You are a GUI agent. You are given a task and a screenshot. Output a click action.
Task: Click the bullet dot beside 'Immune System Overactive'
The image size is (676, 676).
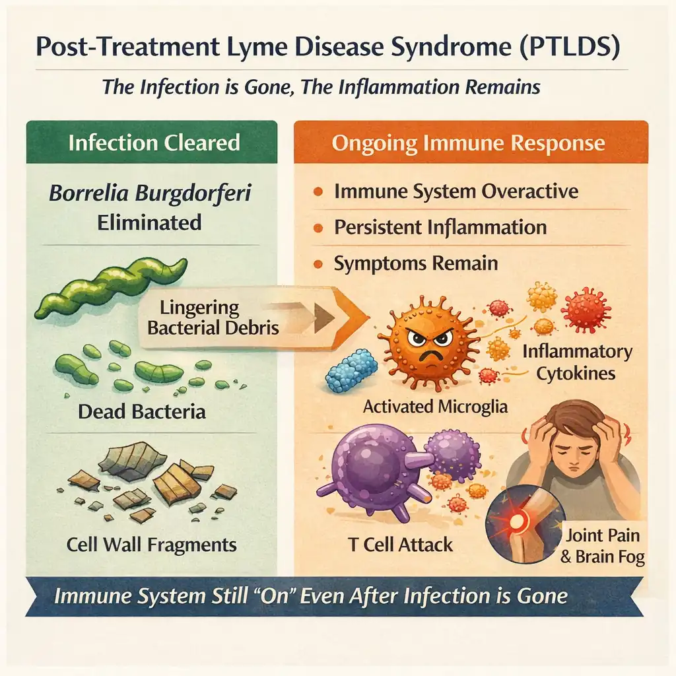(318, 192)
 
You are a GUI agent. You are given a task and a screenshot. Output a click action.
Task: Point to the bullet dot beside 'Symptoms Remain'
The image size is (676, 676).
(318, 264)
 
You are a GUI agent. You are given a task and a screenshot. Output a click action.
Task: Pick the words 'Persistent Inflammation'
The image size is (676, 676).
(440, 228)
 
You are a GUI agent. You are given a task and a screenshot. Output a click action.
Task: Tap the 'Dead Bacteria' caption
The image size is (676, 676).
(141, 412)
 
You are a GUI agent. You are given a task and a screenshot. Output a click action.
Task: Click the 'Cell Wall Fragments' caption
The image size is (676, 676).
(151, 545)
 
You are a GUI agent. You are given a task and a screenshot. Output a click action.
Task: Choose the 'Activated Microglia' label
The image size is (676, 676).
(435, 406)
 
